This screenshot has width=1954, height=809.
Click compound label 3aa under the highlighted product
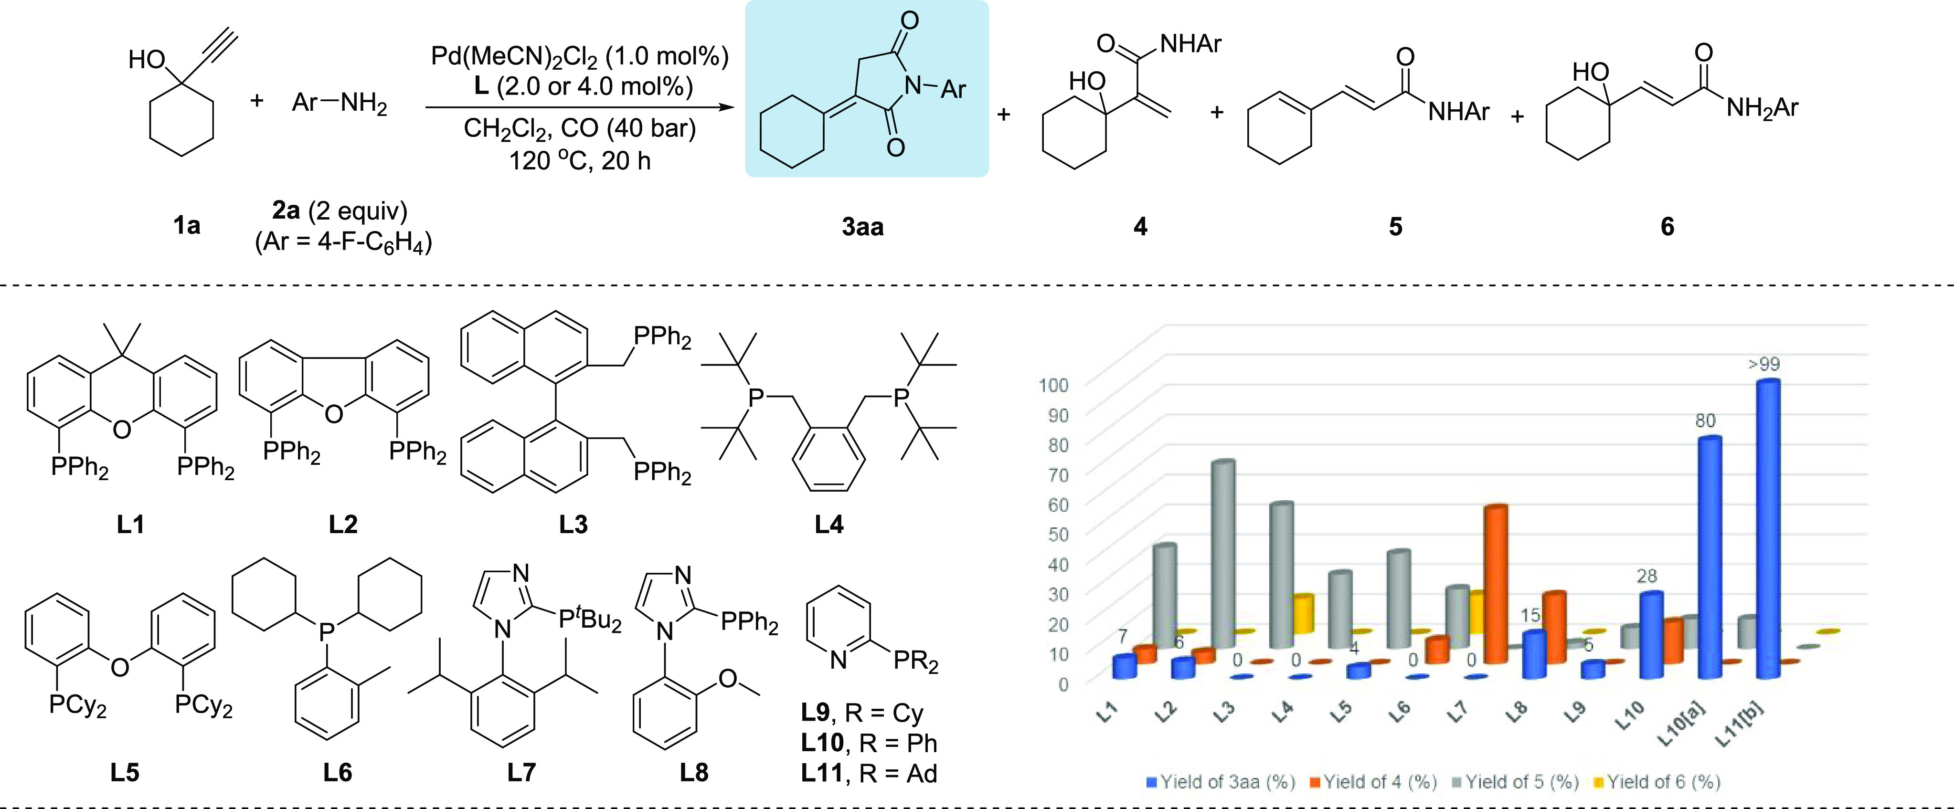pos(862,226)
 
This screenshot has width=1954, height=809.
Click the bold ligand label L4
pos(829,524)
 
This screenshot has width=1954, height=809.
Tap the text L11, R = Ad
pos(869,773)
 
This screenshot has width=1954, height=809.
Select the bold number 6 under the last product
pos(1667,226)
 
